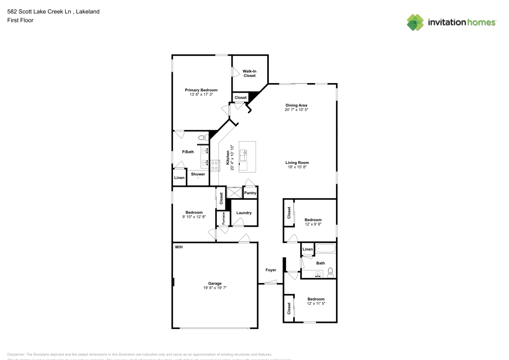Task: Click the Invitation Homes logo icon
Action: [415, 22]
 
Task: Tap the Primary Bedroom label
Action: [201, 90]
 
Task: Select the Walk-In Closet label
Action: [249, 73]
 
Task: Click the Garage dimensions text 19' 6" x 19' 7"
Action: [214, 288]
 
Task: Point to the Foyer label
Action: [271, 270]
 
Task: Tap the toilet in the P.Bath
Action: [202, 137]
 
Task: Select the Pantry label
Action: [250, 193]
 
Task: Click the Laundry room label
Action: [244, 213]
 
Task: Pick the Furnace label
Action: [223, 217]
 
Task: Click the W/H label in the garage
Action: [179, 247]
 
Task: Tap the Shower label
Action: [198, 174]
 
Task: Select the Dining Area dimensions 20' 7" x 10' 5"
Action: [296, 109]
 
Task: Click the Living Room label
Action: [297, 163]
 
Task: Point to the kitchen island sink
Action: [244, 152]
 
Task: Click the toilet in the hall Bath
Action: [330, 271]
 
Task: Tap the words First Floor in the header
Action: [20, 20]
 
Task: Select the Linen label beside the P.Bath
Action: [179, 178]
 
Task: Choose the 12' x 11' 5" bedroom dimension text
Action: [316, 303]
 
